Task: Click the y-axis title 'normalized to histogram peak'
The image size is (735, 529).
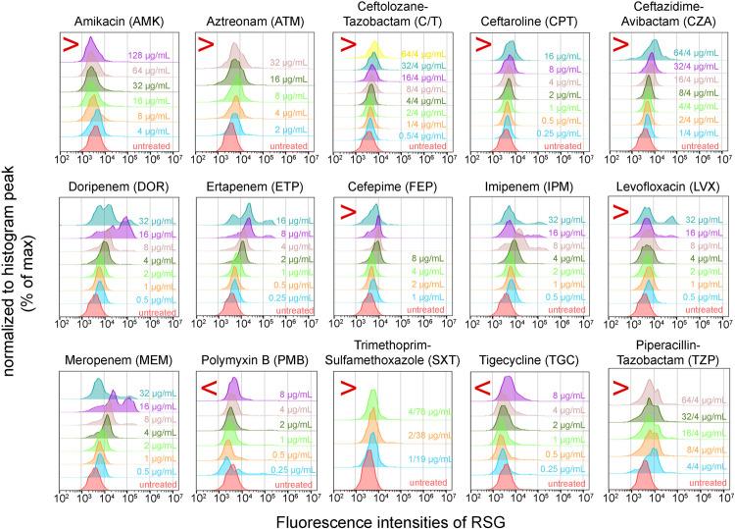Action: click(x=14, y=265)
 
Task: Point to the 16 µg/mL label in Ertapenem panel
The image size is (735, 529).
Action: click(x=296, y=221)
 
